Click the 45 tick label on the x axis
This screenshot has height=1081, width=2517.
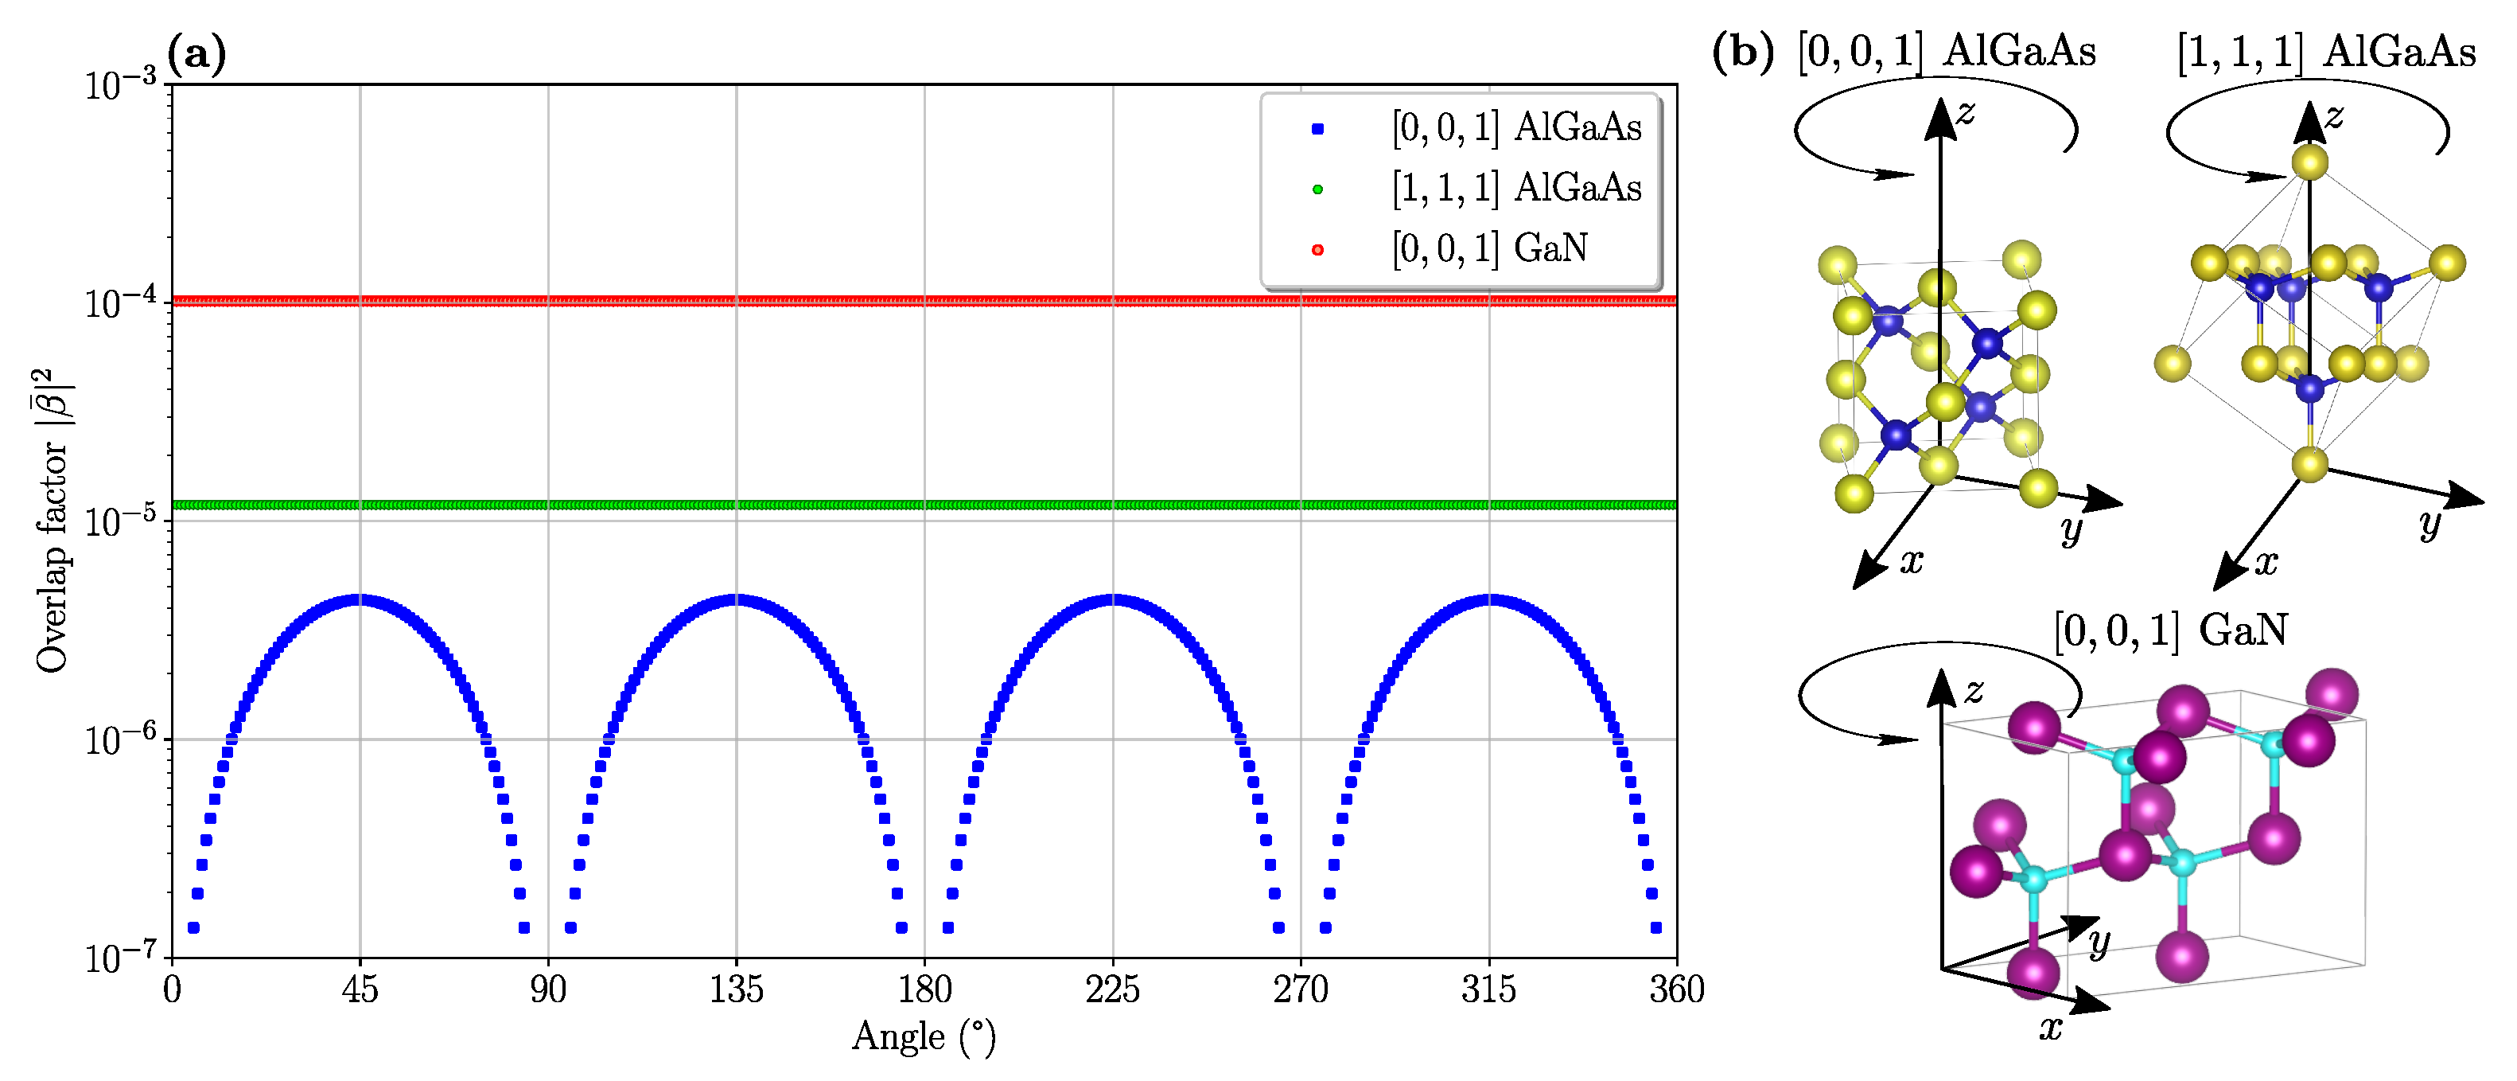[x=360, y=990]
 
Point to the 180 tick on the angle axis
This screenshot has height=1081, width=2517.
[x=924, y=990]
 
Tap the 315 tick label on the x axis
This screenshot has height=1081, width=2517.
[x=1488, y=990]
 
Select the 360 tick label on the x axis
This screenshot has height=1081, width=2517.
[x=1677, y=990]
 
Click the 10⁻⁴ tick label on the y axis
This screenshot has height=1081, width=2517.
[x=120, y=301]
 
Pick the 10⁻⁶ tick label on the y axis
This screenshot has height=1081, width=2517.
[x=120, y=738]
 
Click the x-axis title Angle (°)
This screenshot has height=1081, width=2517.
[x=924, y=1036]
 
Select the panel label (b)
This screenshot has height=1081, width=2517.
[x=1742, y=51]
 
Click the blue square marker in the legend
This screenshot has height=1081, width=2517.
[x=1317, y=129]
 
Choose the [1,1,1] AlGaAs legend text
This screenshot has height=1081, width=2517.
[x=1516, y=188]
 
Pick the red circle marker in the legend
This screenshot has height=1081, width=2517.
[x=1317, y=250]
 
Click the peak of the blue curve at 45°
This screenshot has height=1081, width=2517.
[x=360, y=599]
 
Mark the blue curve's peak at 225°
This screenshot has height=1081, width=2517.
[x=1113, y=599]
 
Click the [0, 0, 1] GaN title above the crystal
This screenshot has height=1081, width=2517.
[x=2170, y=630]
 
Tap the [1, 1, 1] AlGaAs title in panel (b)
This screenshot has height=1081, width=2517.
[x=2325, y=51]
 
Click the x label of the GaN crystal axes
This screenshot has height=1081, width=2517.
[x=2051, y=1027]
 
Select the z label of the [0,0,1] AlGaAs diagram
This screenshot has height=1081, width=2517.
[x=1966, y=112]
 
